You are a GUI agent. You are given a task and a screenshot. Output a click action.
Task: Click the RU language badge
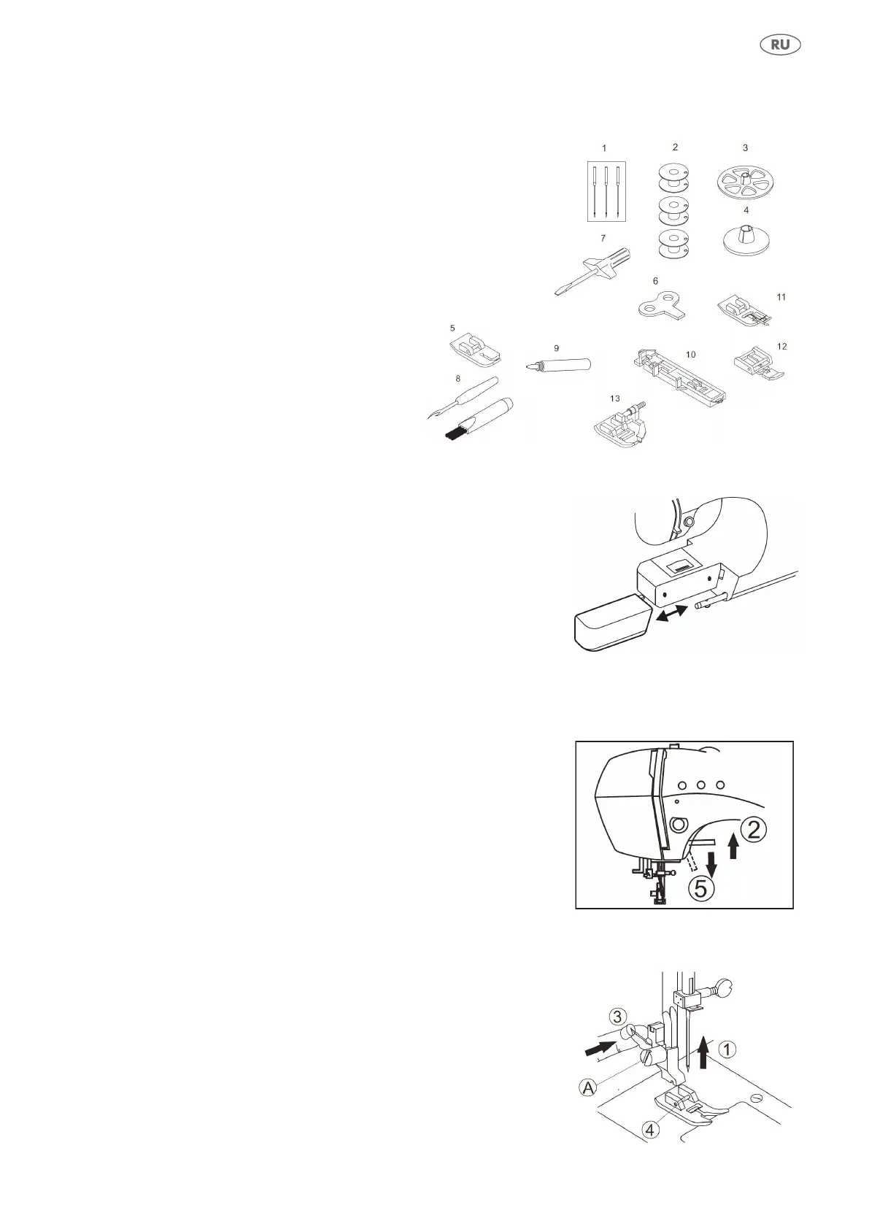[x=780, y=45]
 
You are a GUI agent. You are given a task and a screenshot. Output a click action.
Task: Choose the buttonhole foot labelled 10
[x=679, y=377]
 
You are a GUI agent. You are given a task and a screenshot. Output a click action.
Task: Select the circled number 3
[x=617, y=1017]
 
